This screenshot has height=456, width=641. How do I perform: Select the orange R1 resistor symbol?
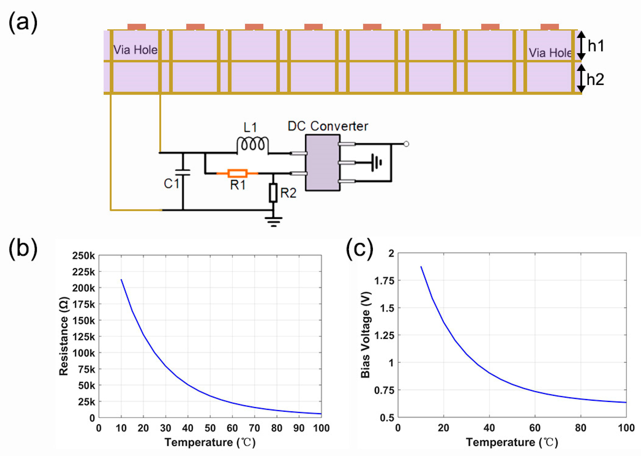pos(237,173)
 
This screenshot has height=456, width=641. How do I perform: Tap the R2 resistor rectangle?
pos(273,193)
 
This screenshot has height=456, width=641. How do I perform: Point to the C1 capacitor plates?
pos(183,172)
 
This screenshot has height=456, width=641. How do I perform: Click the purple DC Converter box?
pos(323,163)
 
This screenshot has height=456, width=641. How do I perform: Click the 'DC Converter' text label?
pos(328,126)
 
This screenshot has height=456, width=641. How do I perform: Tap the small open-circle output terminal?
pos(406,144)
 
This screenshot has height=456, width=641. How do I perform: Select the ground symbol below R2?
pos(273,221)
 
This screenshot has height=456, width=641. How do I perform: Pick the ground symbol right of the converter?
pos(376,162)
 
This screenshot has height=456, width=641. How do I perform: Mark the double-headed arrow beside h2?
pos(581,78)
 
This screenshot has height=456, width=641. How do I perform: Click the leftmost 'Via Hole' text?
pos(135,50)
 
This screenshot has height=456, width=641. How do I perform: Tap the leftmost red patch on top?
pos(137,27)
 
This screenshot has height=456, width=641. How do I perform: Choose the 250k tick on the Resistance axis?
pos(84,256)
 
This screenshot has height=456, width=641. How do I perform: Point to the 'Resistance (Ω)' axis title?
pos(64,336)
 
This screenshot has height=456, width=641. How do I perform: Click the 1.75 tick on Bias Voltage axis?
pos(384,280)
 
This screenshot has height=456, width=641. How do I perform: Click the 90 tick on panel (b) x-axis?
pos(299,428)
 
